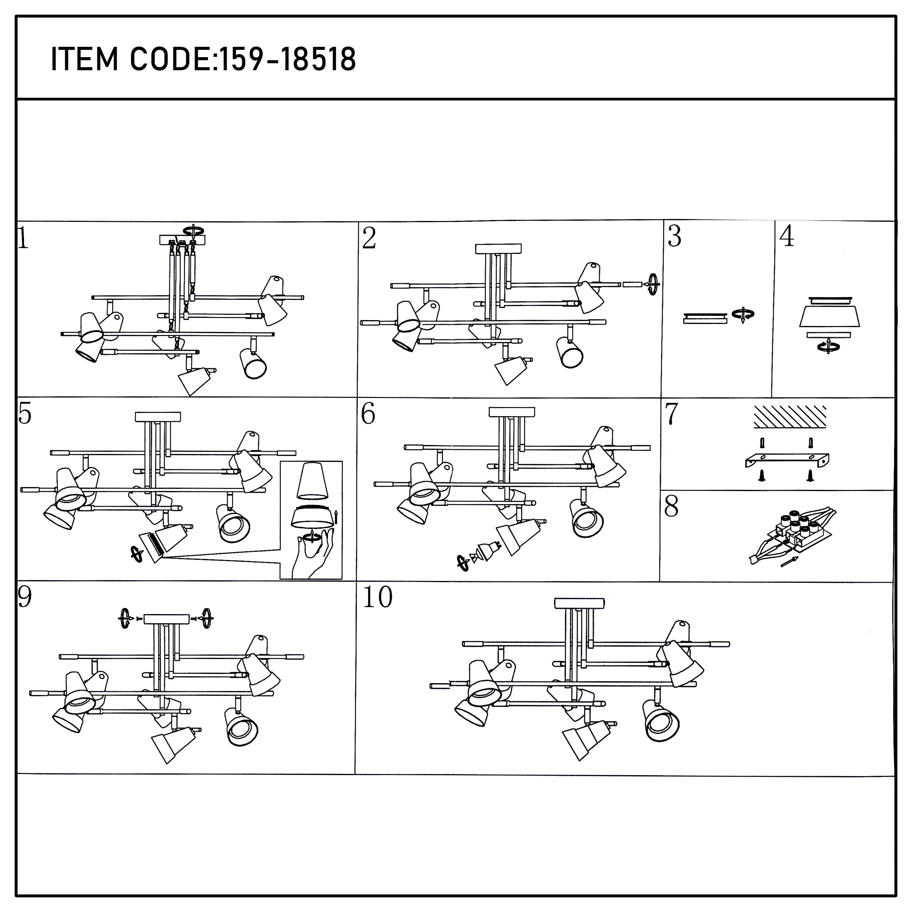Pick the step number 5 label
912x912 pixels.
click(x=25, y=414)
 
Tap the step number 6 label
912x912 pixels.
click(x=368, y=414)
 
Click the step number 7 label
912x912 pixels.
click(x=671, y=414)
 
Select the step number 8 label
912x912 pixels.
click(x=671, y=506)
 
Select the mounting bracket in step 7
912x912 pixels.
click(x=787, y=459)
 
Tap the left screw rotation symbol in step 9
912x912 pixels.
click(x=125, y=618)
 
